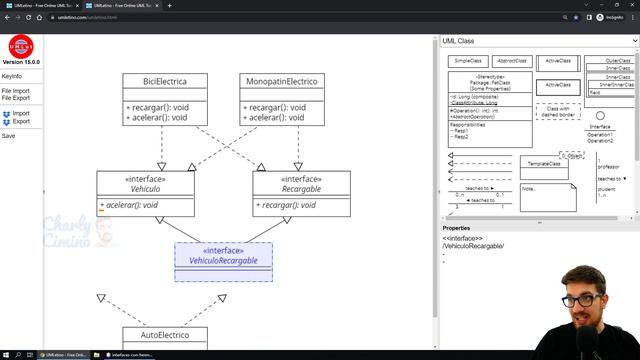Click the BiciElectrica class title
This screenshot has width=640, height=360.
click(x=165, y=80)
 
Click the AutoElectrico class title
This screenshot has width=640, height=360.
click(x=165, y=334)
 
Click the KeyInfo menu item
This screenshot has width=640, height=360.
click(x=12, y=77)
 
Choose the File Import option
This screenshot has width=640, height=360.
click(x=16, y=91)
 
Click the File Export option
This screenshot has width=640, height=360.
click(x=16, y=98)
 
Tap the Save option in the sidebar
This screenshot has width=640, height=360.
click(x=9, y=136)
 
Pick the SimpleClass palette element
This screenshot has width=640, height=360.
click(x=468, y=61)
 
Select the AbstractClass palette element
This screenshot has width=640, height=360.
click(x=512, y=61)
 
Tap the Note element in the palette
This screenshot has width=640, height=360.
click(x=546, y=196)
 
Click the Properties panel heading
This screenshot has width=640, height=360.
click(x=456, y=228)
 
